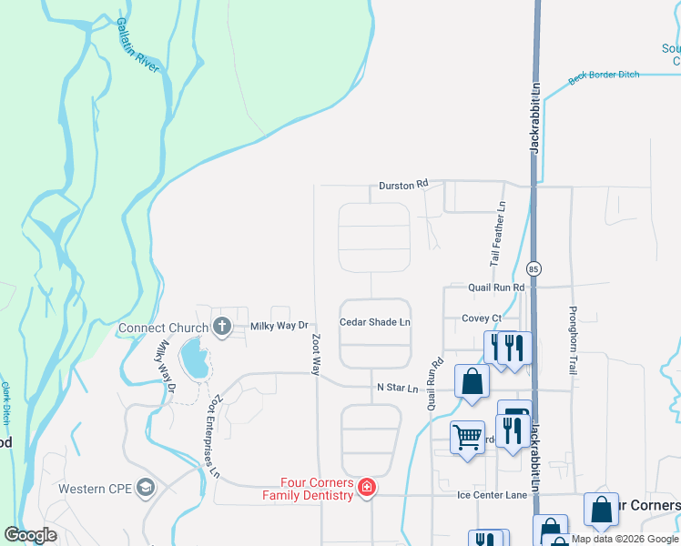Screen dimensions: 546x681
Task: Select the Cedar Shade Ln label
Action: tap(374, 322)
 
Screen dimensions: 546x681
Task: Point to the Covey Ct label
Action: tap(482, 318)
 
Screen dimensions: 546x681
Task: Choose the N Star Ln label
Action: tap(397, 389)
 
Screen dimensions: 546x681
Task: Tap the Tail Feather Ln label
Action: tap(498, 234)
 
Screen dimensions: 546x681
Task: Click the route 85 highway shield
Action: tap(534, 268)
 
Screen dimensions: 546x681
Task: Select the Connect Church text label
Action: tap(163, 328)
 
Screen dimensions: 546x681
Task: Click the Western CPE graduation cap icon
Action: tap(145, 489)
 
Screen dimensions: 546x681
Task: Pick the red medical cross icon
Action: tap(366, 489)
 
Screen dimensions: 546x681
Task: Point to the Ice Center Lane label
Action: tap(492, 496)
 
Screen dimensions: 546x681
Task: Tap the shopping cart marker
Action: tap(468, 438)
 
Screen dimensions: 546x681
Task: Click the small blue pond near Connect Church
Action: tap(193, 359)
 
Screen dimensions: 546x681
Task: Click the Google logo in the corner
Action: tap(31, 535)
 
